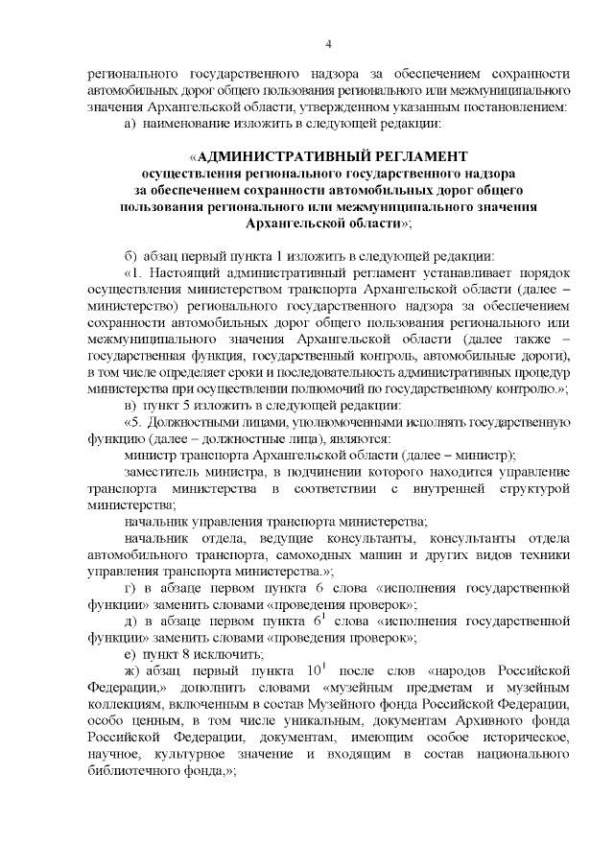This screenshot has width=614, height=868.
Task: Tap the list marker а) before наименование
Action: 131,123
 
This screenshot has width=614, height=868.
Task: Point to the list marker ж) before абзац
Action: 133,667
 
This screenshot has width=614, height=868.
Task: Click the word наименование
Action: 189,123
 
